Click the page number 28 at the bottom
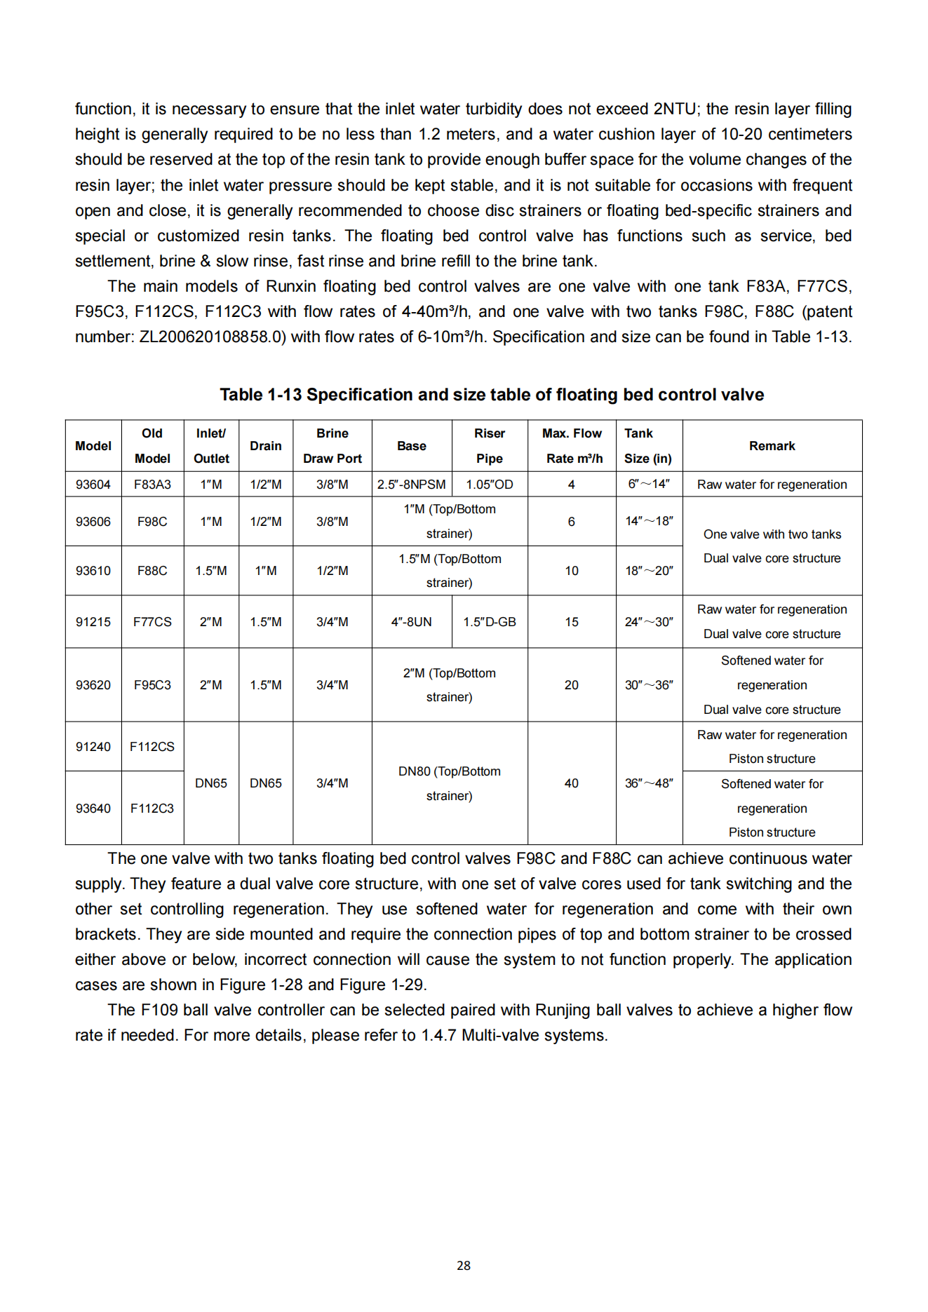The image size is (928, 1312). tap(464, 1265)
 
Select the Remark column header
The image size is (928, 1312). tap(772, 446)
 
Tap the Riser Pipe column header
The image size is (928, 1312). tap(489, 446)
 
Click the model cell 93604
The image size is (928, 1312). tap(93, 485)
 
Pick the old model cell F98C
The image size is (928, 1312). tap(152, 522)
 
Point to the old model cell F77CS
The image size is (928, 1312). tap(152, 622)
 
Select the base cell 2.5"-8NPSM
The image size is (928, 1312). tap(411, 485)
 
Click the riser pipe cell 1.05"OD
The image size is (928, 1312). tap(489, 485)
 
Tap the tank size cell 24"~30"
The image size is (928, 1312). tap(649, 622)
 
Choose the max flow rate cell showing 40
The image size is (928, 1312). tap(572, 783)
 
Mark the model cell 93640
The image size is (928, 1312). tap(93, 809)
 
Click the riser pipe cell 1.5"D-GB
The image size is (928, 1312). tap(489, 622)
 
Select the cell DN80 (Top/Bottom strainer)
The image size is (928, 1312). tap(449, 783)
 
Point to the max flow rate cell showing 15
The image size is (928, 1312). tap(572, 622)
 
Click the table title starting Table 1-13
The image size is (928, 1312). tap(492, 395)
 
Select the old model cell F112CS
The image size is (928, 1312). tap(152, 747)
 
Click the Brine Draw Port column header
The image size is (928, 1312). tap(332, 446)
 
